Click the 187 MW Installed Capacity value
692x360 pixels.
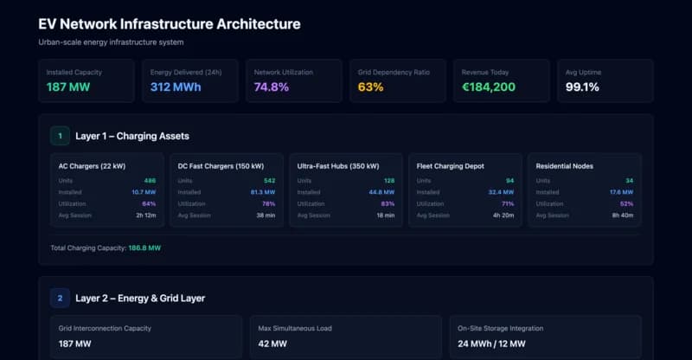pos(68,87)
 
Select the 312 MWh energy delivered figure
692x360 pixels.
pos(176,87)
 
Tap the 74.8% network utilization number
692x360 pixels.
pos(272,87)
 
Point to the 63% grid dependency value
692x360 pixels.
pos(370,87)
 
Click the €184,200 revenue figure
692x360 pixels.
pos(489,87)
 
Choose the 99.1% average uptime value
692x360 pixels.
pos(582,87)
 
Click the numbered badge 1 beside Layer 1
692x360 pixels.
pos(60,136)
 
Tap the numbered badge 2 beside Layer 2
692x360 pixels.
pos(60,298)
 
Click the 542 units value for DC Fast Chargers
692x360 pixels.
pos(269,180)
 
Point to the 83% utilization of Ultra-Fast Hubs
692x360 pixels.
pos(388,203)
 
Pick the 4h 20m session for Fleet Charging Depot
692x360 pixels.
pos(501,215)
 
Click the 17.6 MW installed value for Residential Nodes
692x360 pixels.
pos(621,192)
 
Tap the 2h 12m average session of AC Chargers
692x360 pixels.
pos(145,215)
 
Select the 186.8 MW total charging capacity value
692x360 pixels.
pos(144,247)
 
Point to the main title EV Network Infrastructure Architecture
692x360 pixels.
pos(169,24)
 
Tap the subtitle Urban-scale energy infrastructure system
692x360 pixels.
pos(111,42)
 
